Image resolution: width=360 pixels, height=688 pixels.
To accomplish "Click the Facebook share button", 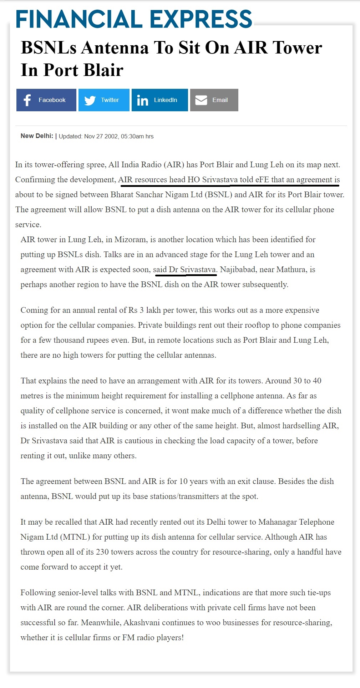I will point(46,100).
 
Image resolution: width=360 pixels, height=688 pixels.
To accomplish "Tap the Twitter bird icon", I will point(90,100).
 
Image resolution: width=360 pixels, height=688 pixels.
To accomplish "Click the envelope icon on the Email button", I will point(201,100).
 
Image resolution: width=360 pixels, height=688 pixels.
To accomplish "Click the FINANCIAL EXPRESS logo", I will point(134,19).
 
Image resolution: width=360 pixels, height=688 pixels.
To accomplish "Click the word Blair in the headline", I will point(103,70).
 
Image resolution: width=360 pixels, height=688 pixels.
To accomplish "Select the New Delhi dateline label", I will point(37,136).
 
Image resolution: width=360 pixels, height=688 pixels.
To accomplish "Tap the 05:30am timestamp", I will point(132,136).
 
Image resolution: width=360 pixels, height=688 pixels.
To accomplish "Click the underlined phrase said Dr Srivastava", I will point(185,269).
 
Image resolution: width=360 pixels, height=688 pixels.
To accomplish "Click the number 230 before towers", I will point(102,552).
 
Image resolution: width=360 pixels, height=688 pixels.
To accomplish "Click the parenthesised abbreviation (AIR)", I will point(174,164).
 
